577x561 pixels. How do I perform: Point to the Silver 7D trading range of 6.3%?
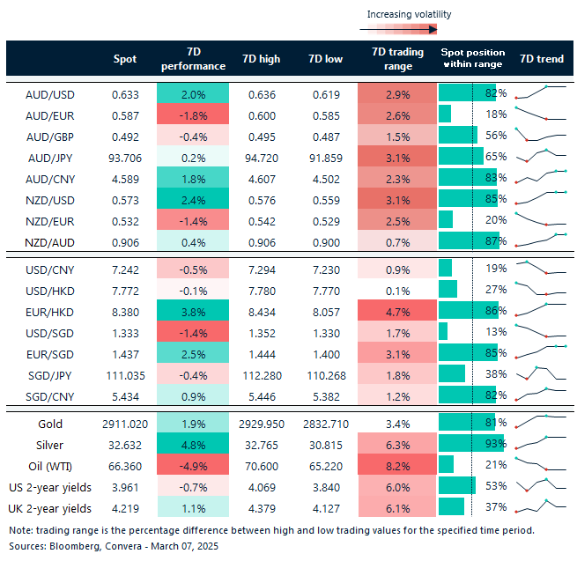(x=398, y=444)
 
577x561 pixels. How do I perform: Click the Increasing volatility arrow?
(x=399, y=29)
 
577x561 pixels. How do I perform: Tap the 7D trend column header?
(x=542, y=59)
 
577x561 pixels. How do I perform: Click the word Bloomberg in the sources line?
(x=72, y=547)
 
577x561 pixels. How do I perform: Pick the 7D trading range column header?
(x=398, y=59)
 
